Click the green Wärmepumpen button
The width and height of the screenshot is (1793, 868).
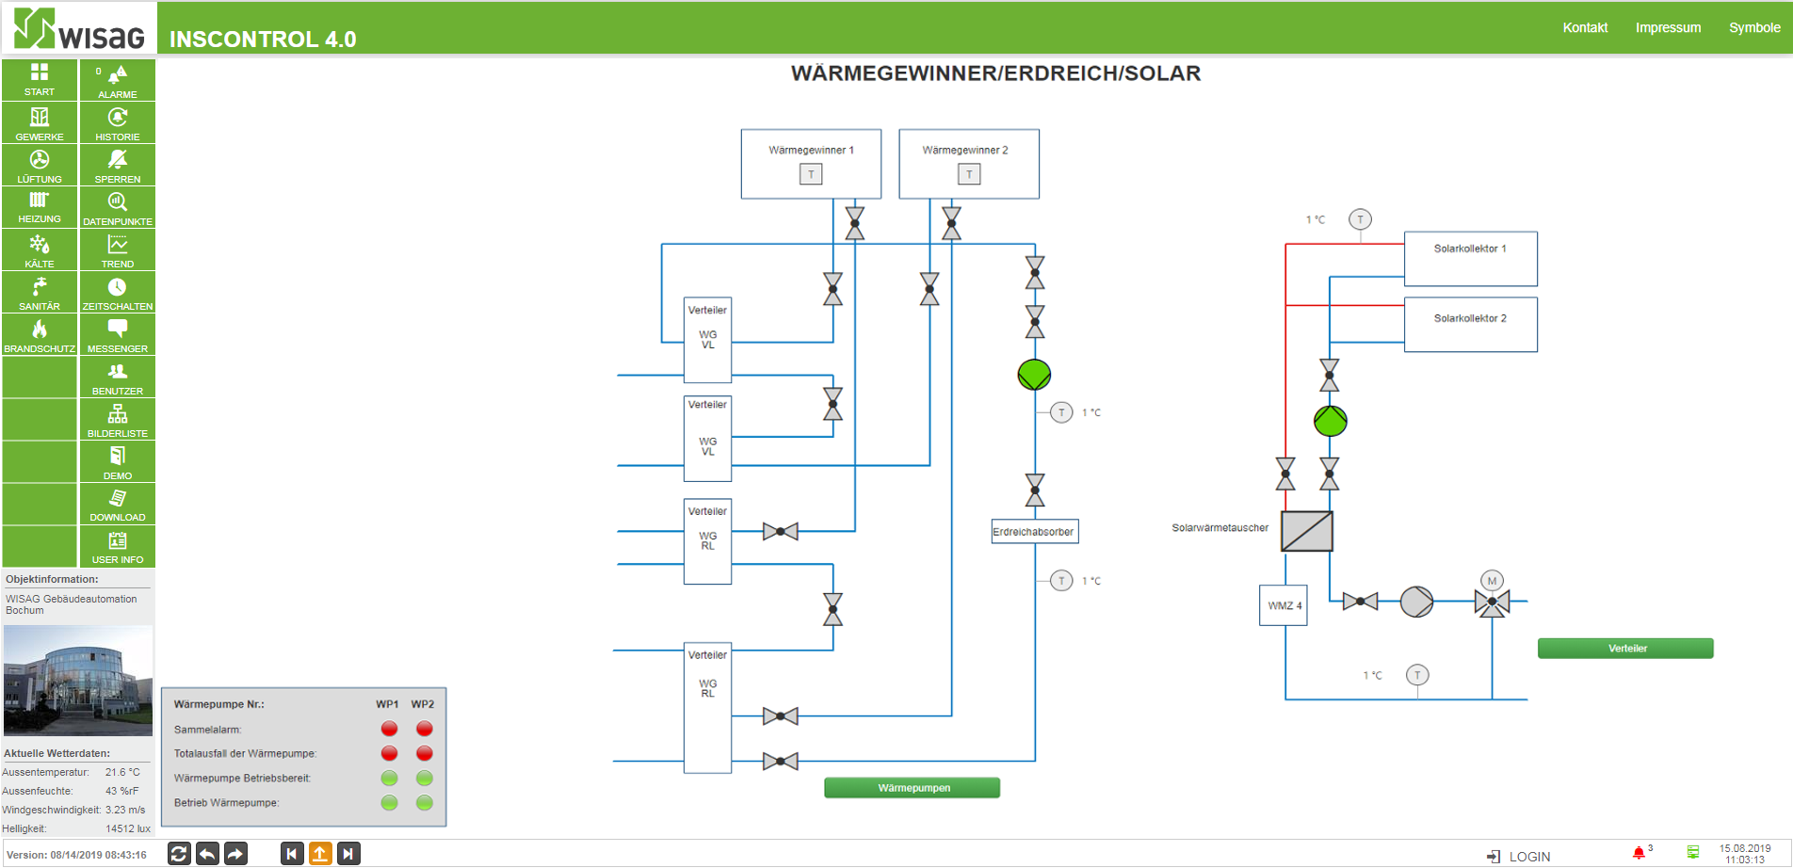pos(912,788)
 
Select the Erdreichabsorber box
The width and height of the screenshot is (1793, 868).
pos(1034,532)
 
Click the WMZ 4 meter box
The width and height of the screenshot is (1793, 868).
pos(1284,605)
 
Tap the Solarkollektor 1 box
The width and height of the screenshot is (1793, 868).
pos(1470,259)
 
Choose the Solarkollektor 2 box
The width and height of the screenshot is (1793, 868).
pos(1470,325)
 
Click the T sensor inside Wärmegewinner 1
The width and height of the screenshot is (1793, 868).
pos(811,174)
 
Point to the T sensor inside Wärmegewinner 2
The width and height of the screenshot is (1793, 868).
pos(969,174)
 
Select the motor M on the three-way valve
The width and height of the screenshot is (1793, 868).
pos(1492,581)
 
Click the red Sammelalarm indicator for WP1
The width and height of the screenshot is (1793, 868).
pos(389,729)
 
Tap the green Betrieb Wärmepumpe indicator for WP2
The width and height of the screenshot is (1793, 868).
pos(425,803)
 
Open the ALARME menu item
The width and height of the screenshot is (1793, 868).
pos(118,81)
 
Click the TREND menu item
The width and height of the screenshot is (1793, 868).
pos(118,250)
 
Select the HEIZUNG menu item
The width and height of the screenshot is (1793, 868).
pos(40,207)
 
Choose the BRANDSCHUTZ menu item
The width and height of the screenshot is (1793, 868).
pos(40,335)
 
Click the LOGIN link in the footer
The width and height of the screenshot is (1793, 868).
pos(1519,857)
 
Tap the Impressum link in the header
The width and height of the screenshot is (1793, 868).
pos(1668,27)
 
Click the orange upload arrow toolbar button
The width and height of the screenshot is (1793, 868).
pos(320,854)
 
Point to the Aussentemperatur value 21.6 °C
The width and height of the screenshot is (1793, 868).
pos(122,772)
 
